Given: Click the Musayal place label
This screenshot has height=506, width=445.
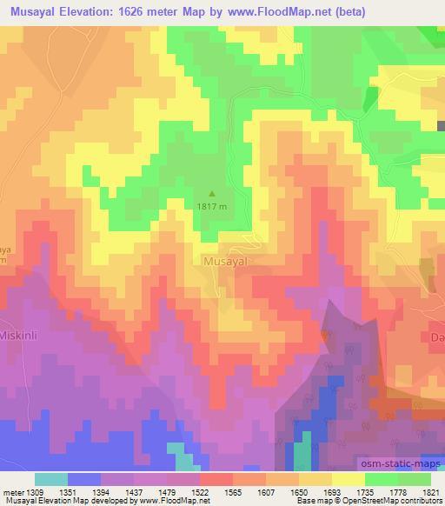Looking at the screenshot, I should click(x=227, y=260).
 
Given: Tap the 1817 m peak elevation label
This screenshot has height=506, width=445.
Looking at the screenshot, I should click(x=212, y=207).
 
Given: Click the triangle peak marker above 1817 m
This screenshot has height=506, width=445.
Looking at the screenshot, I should click(x=212, y=193).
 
